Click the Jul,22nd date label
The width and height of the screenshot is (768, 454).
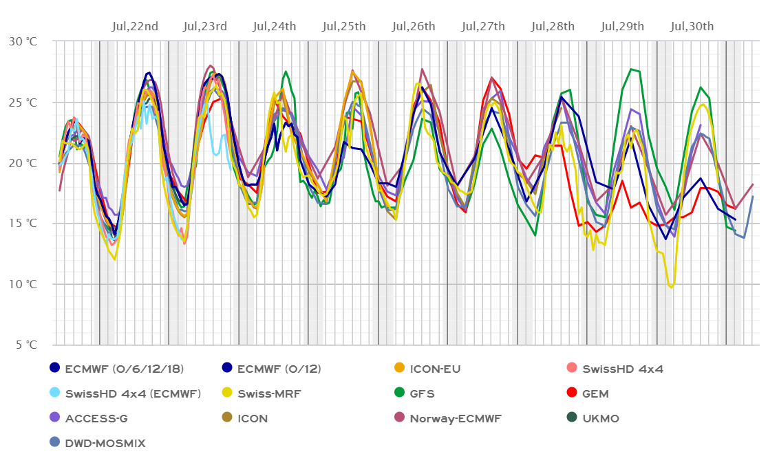coord(135,27)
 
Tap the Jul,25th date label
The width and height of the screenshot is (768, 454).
coord(344,27)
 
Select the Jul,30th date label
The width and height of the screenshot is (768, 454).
coord(692,27)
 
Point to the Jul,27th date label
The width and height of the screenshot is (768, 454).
coord(483,27)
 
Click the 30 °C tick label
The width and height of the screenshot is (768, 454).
coord(23,41)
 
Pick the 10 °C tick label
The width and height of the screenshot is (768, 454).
coord(23,284)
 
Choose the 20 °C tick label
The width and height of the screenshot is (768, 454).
coord(23,163)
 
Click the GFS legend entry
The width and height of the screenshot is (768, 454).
coord(423,394)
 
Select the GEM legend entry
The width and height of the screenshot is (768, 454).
coord(595,394)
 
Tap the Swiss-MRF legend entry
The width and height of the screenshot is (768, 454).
coord(269,394)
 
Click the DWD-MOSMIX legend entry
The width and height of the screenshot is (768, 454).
coord(104,444)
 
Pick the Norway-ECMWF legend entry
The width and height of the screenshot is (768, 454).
coord(455,418)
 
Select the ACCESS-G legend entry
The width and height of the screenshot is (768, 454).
coord(96,418)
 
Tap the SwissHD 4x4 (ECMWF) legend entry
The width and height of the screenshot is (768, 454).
coord(132,394)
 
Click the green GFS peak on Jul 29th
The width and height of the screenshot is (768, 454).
coord(631,69)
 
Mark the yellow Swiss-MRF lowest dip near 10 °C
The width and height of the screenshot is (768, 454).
coord(671,287)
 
